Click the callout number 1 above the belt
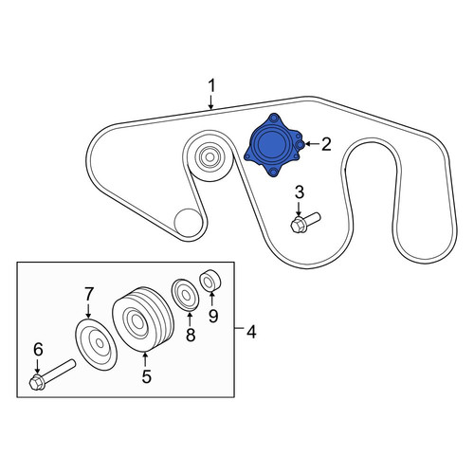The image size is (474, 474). [x=211, y=86]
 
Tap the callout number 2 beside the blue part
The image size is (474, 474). [x=325, y=144]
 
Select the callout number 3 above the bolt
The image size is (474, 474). [x=300, y=192]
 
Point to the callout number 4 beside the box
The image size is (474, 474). [x=251, y=332]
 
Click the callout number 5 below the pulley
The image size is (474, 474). [x=146, y=376]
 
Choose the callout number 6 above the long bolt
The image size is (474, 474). [x=38, y=350]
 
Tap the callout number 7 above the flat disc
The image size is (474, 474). [x=89, y=294]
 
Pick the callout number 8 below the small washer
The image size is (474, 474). [x=191, y=335]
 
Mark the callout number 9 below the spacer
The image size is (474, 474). [x=213, y=316]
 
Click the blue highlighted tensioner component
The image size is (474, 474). [x=274, y=145]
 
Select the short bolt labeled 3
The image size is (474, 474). [x=305, y=223]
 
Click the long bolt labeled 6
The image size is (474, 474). [x=52, y=374]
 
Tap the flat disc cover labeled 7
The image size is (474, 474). [x=96, y=344]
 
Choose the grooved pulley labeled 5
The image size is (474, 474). [x=143, y=319]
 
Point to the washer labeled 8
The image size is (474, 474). [x=185, y=295]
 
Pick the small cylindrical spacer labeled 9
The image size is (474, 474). [x=210, y=280]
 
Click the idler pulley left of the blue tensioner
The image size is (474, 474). [x=209, y=155]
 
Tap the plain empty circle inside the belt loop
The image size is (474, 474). [x=188, y=223]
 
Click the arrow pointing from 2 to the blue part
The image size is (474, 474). [x=312, y=144]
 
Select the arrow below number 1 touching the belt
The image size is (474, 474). [x=210, y=102]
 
